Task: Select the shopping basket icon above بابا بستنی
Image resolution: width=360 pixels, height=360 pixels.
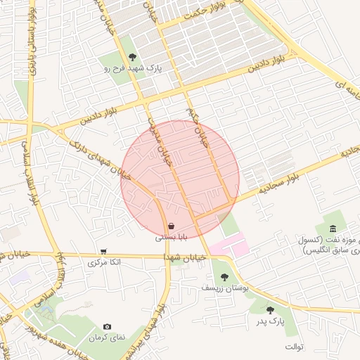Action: pyautogui.click(x=172, y=226)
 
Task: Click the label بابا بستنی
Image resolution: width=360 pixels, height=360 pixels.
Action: pyautogui.click(x=172, y=238)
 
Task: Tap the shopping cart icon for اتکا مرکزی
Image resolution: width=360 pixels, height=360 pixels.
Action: pyautogui.click(x=103, y=251)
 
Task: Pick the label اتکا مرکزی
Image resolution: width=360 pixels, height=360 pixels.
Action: pyautogui.click(x=104, y=262)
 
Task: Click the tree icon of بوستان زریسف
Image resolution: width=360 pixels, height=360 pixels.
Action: pyautogui.click(x=224, y=277)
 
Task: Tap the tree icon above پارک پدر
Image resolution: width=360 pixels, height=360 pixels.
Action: pyautogui.click(x=270, y=309)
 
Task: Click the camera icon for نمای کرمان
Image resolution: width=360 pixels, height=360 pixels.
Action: pyautogui.click(x=107, y=326)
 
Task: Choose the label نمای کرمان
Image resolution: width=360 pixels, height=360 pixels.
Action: pyautogui.click(x=107, y=337)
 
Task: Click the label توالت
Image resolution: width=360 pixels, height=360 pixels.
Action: pyautogui.click(x=293, y=347)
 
